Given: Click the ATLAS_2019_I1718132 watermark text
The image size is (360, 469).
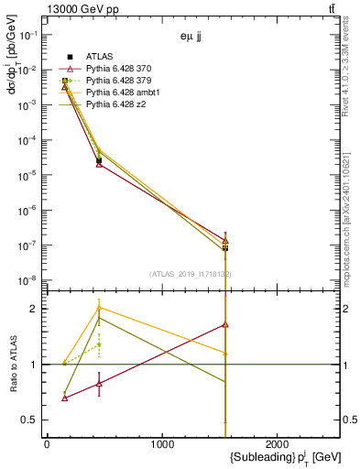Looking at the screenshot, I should [x=191, y=274].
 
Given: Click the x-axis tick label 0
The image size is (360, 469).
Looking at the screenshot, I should [x=47, y=443].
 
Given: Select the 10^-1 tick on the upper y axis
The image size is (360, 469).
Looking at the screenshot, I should [x=27, y=35].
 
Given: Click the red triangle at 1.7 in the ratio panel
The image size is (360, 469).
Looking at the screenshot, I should [x=225, y=324].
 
